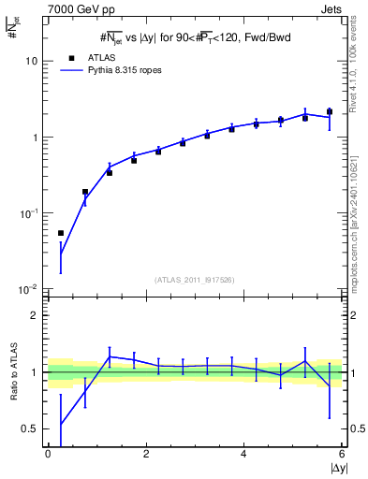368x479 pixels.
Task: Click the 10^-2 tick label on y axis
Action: pyautogui.click(x=31, y=290)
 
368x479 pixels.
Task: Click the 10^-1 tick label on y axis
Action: pyautogui.click(x=31, y=213)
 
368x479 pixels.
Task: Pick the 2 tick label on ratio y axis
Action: pyautogui.click(x=37, y=315)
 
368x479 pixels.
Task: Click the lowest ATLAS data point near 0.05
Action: pyautogui.click(x=61, y=233)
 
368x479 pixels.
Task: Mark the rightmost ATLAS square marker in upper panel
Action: pyautogui.click(x=330, y=111)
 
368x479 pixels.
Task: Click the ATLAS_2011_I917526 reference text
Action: pyautogui.click(x=195, y=279)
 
